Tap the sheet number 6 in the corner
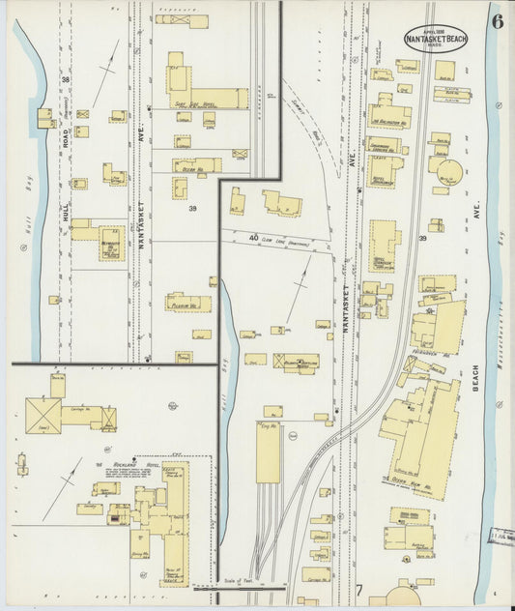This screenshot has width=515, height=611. [496, 20]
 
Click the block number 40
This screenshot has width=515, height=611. [253, 237]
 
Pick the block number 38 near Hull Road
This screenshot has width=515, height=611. [66, 79]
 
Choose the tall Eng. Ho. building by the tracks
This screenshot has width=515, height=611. [269, 452]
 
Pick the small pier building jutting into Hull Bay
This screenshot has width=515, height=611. [44, 118]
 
